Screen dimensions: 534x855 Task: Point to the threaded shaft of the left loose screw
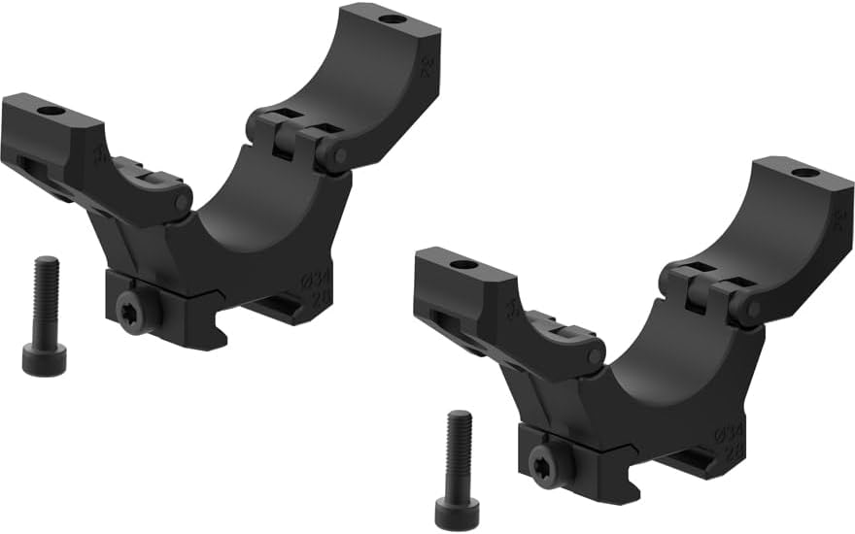[x=45, y=296]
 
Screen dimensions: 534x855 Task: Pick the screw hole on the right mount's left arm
[x=463, y=264]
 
